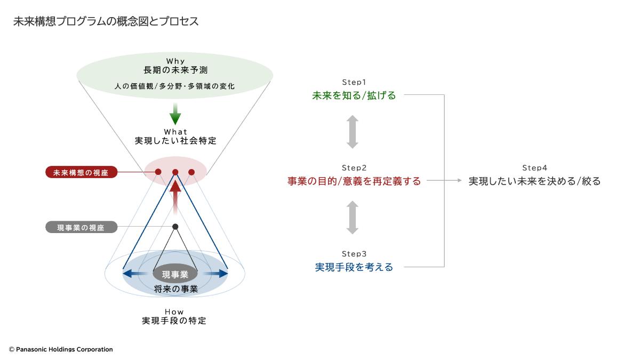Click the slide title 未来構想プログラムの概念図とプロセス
click(106, 21)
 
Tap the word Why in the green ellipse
click(175, 61)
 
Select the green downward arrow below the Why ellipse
click(175, 114)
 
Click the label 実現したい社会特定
click(175, 141)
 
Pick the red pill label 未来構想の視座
click(82, 172)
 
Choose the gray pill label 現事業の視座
click(82, 227)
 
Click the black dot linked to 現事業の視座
click(175, 227)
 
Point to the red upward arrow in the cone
click(175, 197)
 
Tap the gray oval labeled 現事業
click(175, 274)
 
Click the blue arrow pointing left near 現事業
click(135, 274)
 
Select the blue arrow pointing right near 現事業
click(215, 274)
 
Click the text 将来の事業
click(175, 289)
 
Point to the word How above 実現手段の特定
click(174, 311)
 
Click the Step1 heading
click(354, 82)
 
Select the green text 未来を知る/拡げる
click(354, 95)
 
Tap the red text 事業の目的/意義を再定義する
click(354, 181)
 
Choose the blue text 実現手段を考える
click(354, 267)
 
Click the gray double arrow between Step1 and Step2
click(353, 132)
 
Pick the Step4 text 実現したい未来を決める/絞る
click(534, 181)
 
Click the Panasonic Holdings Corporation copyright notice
click(61, 349)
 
